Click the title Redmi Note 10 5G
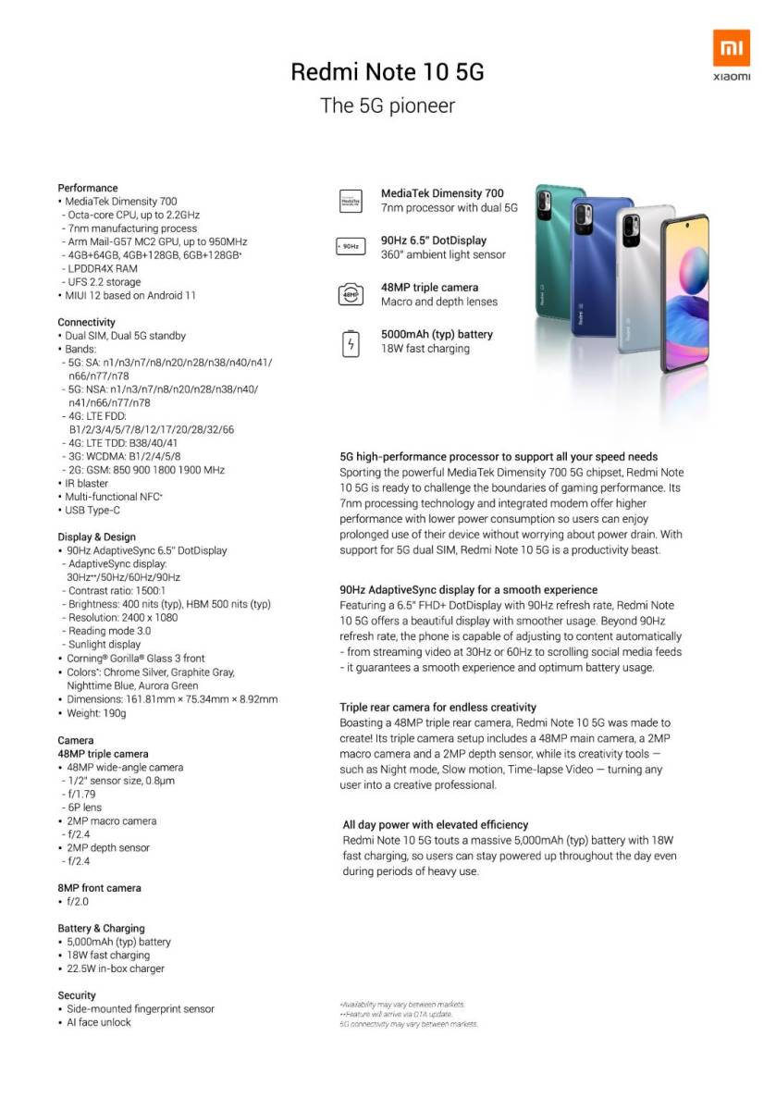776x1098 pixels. point(388,72)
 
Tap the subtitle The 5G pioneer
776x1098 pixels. point(388,105)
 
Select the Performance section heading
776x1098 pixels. point(88,188)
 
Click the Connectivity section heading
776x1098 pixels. point(87,322)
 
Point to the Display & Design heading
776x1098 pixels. point(97,537)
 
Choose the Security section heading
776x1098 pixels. point(77,995)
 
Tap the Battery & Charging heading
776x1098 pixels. point(102,928)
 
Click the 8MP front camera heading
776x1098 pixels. point(100,888)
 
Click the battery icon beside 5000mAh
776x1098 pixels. point(351,342)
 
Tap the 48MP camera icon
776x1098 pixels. point(351,295)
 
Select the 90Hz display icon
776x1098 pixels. point(351,247)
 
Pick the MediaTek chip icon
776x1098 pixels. point(351,201)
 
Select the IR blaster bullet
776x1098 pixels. point(86,483)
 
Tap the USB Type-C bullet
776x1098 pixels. point(92,510)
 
